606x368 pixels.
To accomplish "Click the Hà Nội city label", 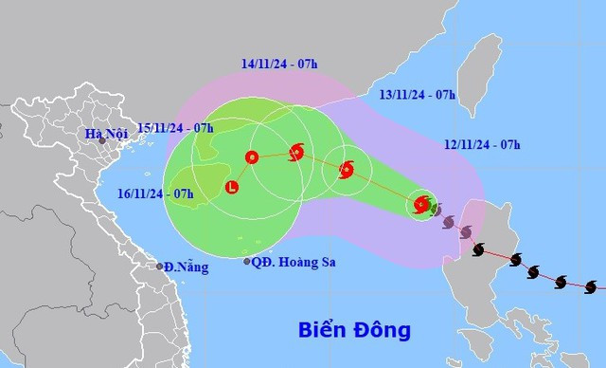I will point(105,135).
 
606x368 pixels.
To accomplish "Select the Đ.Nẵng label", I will point(187,267).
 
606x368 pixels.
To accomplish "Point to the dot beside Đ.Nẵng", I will point(160,267).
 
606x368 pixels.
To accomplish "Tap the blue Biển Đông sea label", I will point(354,331).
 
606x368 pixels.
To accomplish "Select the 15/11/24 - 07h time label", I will point(175,126).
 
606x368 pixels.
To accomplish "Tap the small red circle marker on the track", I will point(252,157).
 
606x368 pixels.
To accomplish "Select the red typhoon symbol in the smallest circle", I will point(421,204).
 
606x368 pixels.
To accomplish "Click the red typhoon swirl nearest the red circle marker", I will point(296,151).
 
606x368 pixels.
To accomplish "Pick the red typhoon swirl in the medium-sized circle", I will point(346,170).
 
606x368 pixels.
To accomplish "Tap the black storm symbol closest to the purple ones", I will point(479,250).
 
